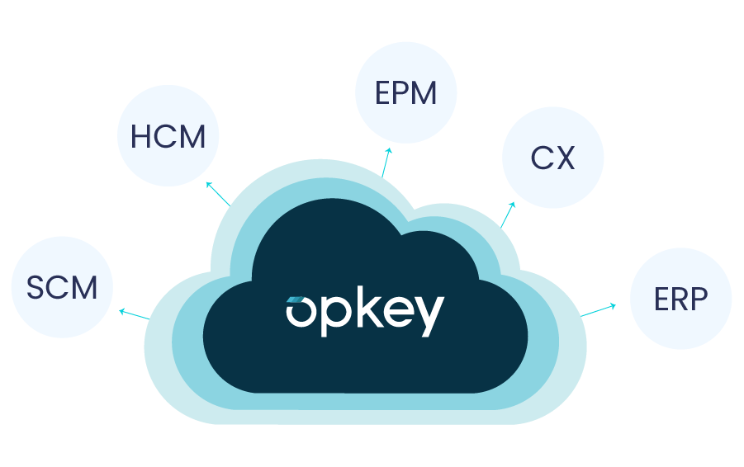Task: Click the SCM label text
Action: pyautogui.click(x=62, y=288)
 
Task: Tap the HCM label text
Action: pyautogui.click(x=168, y=136)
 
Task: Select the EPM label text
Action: pyautogui.click(x=405, y=93)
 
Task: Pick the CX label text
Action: pyautogui.click(x=552, y=157)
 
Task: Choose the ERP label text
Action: pyautogui.click(x=680, y=300)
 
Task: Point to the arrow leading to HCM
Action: pyautogui.click(x=218, y=193)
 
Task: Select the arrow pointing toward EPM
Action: pyautogui.click(x=386, y=163)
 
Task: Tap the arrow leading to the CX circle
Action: pyautogui.click(x=507, y=214)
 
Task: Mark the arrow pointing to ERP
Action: pyautogui.click(x=599, y=310)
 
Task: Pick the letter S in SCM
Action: pyautogui.click(x=35, y=288)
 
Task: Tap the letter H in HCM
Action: pyautogui.click(x=141, y=136)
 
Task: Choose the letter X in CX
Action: pyautogui.click(x=565, y=157)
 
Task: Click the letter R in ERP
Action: pyautogui.click(x=680, y=300)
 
